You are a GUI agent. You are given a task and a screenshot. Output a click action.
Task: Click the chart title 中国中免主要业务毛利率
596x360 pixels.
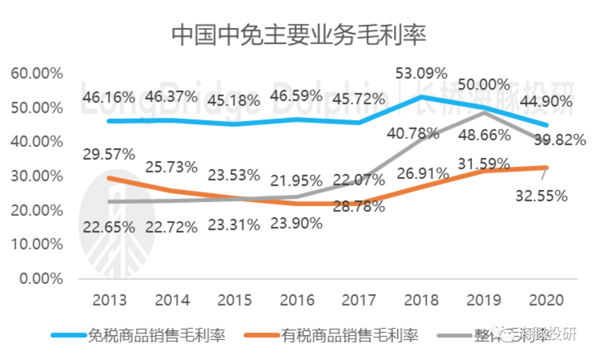click(x=299, y=35)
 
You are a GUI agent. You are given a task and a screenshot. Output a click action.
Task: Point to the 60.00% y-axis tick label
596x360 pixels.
click(x=37, y=73)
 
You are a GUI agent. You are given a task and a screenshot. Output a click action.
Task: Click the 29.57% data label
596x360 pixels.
click(x=109, y=154)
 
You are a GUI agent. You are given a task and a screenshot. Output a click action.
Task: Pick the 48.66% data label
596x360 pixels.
click(x=484, y=135)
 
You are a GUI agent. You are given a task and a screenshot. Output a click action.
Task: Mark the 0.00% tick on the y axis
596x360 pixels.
click(x=41, y=279)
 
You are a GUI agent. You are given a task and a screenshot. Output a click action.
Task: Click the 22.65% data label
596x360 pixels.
click(x=109, y=226)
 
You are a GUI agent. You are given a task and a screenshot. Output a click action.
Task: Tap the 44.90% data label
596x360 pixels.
click(x=546, y=101)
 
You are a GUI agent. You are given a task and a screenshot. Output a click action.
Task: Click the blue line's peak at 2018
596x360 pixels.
click(x=422, y=97)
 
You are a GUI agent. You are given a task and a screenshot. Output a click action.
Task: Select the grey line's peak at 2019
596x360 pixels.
click(x=484, y=113)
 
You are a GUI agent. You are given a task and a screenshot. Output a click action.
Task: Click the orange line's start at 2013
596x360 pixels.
click(x=109, y=177)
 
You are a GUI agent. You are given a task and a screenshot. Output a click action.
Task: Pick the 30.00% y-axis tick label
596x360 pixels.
click(x=37, y=176)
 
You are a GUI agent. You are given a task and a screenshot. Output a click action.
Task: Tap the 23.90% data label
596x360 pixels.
click(x=296, y=223)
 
